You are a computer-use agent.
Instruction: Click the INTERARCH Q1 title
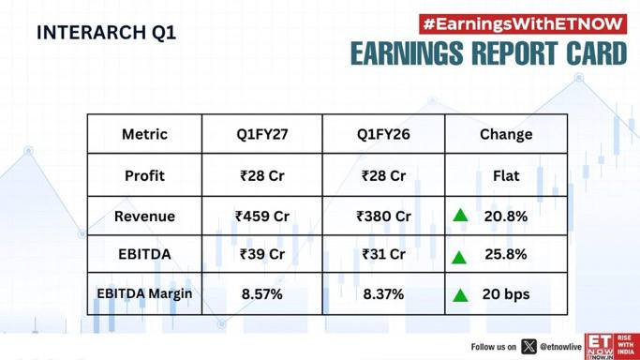pos(107,33)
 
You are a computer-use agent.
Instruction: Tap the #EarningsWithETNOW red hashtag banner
pos(523,24)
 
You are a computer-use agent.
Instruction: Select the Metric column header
pos(144,134)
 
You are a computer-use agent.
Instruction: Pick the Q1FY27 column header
pos(262,134)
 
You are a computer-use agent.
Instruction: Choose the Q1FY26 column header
pos(383,134)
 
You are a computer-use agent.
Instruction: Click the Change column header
pos(506,134)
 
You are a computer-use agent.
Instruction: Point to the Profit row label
pos(144,176)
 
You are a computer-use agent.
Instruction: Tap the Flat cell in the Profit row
pos(506,176)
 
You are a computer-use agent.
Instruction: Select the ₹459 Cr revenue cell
pos(262,217)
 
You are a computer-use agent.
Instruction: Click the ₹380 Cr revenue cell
pos(383,217)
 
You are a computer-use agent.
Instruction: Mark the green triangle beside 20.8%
pos(460,215)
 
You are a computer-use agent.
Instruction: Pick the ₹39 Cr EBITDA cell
pos(262,254)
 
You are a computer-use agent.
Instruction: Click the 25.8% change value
pos(506,254)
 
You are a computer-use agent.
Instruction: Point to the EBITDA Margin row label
pos(144,293)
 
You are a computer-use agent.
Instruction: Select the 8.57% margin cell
pos(262,294)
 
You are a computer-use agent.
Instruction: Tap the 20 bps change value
pos(506,294)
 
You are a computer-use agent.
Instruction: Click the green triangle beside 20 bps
pos(460,295)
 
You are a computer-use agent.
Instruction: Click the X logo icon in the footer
pos(529,347)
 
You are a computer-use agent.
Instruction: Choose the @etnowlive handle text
pos(560,347)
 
